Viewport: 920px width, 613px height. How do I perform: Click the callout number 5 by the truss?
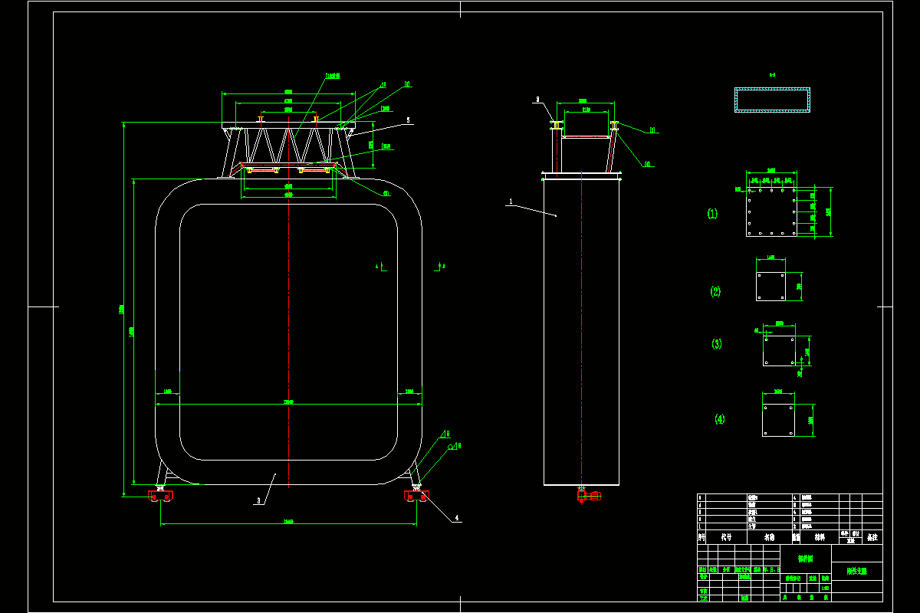[409, 120]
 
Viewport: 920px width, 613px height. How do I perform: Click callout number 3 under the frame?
[259, 500]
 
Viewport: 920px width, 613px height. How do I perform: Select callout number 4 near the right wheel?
[457, 518]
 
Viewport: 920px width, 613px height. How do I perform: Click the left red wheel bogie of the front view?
[161, 496]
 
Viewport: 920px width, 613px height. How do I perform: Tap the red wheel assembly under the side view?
[589, 496]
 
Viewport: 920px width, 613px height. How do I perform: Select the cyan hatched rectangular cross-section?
[772, 100]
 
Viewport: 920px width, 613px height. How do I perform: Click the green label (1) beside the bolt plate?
[712, 214]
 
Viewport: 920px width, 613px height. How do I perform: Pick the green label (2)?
[715, 291]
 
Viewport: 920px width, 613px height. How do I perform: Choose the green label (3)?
[717, 344]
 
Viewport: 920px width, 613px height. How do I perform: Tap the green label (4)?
[719, 419]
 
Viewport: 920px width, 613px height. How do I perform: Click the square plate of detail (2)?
[770, 287]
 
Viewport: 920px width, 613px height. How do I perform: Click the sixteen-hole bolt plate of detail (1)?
[770, 211]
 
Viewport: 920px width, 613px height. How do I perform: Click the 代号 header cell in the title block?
[725, 537]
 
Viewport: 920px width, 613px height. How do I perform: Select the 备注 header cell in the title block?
[872, 537]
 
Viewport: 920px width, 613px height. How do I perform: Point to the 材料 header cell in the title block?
[820, 537]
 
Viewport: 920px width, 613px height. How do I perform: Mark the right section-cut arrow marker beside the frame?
[439, 267]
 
